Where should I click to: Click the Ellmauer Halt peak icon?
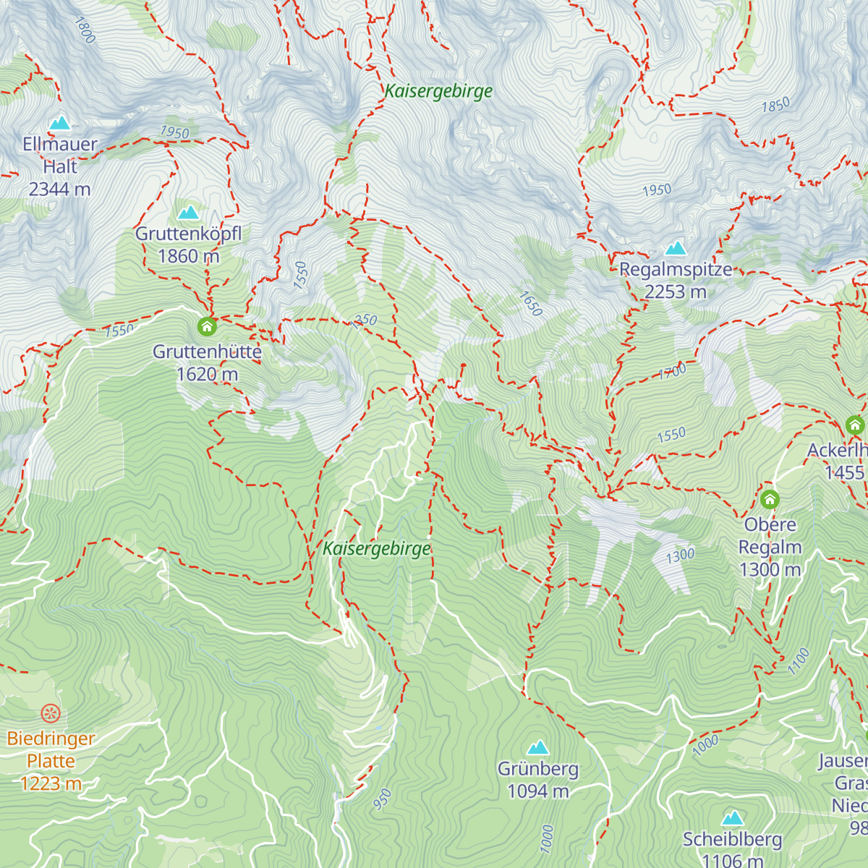60,123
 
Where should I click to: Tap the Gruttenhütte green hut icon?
207,327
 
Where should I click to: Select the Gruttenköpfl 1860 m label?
188,245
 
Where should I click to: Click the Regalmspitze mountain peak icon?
676,249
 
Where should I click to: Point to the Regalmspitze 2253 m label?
676,281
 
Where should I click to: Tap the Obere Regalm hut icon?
770,499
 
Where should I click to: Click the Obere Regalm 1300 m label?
770,547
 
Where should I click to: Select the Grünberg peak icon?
537,747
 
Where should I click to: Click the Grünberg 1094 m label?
538,780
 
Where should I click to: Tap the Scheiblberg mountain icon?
733,818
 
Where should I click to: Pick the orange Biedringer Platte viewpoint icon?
50,714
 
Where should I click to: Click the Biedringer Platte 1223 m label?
51,761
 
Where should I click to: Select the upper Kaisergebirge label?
438,91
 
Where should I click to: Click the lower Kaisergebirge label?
376,548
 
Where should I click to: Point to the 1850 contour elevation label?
775,106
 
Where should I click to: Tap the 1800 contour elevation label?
85,30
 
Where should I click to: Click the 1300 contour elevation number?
680,556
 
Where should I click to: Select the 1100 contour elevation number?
799,661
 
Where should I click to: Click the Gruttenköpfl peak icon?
189,213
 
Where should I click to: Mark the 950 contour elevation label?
383,799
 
